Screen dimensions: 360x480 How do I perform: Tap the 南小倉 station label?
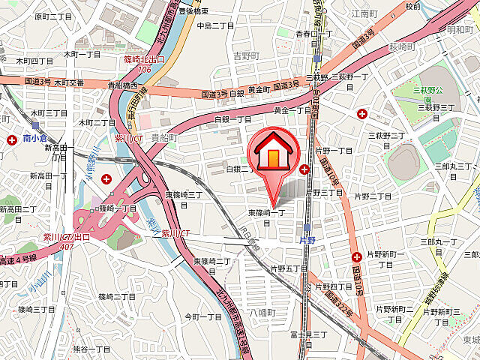tap(35, 139)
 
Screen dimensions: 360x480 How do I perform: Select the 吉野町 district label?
tap(244, 55)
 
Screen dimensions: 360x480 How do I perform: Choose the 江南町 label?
tap(364, 14)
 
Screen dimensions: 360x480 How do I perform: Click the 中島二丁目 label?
tap(215, 25)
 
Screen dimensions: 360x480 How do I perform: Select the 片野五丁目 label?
tap(289, 268)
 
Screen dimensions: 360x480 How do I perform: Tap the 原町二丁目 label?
tap(53, 16)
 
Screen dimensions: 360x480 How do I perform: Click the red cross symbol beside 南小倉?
tap(13, 139)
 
